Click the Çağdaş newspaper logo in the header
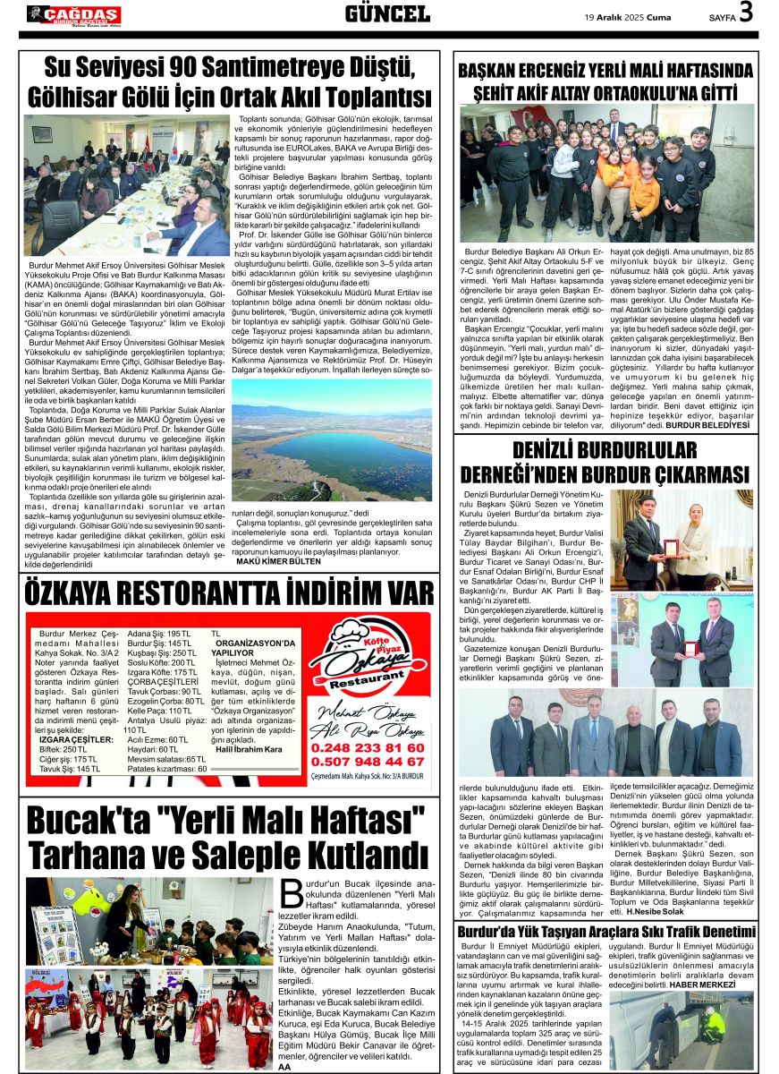tap(73, 14)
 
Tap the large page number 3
tap(746, 13)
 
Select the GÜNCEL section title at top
tap(387, 13)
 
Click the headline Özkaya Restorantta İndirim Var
tap(230, 593)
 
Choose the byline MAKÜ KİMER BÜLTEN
tap(278, 561)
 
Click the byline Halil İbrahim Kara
tap(249, 749)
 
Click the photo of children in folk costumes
tap(148, 1019)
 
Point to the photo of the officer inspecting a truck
tap(681, 1029)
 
